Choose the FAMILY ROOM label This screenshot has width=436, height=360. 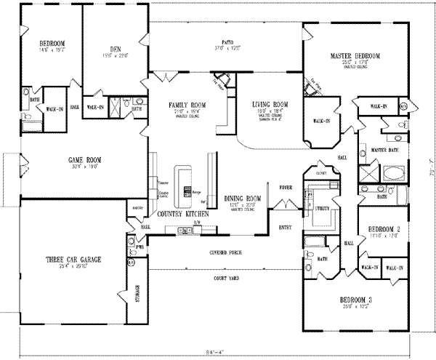[187, 105]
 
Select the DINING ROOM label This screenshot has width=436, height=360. [243, 199]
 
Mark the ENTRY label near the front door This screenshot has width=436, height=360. [286, 228]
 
